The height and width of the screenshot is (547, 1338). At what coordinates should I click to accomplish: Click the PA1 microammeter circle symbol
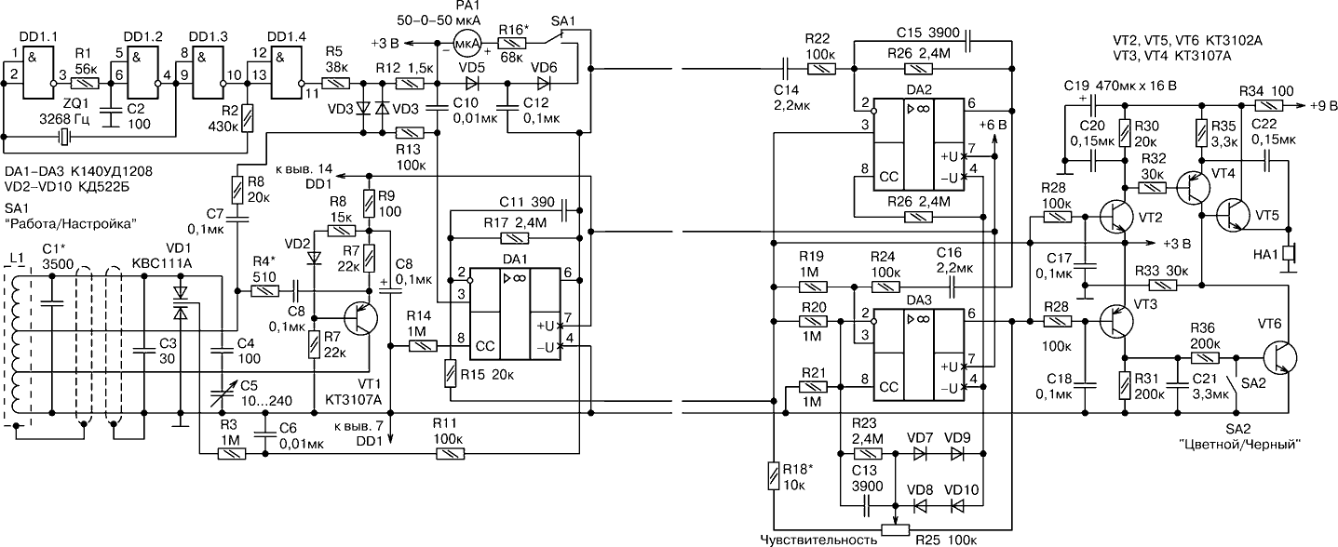467,43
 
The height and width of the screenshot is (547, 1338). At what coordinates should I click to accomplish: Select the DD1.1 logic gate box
37,73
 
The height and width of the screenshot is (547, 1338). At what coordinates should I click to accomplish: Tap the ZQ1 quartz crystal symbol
64,138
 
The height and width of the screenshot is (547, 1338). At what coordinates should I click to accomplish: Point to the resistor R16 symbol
512,43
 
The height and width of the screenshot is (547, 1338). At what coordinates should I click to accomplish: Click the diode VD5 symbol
472,83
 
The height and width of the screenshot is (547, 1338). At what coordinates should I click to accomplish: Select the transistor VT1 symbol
360,317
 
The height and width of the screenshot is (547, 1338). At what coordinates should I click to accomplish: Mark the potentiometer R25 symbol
896,529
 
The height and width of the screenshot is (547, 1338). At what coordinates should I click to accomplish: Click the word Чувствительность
818,540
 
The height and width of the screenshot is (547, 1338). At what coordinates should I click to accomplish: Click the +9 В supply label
1322,105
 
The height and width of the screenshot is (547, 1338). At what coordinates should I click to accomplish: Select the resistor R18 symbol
774,475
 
